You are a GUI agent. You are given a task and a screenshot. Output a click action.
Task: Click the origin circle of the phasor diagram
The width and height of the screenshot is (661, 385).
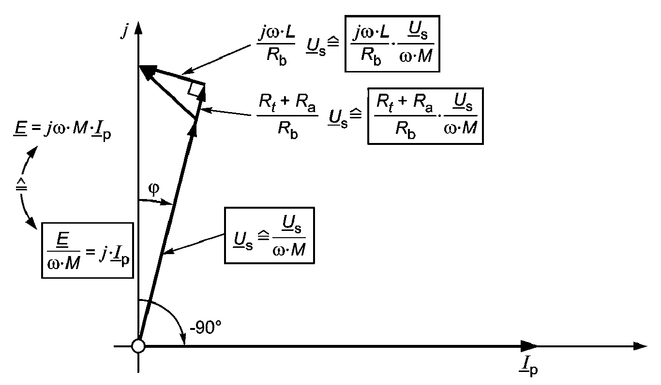[138, 346]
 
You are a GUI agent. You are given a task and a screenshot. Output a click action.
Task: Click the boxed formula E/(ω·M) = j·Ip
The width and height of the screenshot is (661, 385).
[87, 250]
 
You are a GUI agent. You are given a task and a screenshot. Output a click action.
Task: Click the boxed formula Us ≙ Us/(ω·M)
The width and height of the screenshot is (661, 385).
[270, 235]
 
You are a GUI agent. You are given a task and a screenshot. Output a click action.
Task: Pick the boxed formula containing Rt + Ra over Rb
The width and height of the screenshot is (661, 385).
[425, 116]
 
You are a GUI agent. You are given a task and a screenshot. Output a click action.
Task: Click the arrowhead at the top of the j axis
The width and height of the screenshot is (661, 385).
[138, 28]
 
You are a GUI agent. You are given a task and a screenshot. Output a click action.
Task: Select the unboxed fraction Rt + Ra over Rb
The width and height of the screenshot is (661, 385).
[286, 116]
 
